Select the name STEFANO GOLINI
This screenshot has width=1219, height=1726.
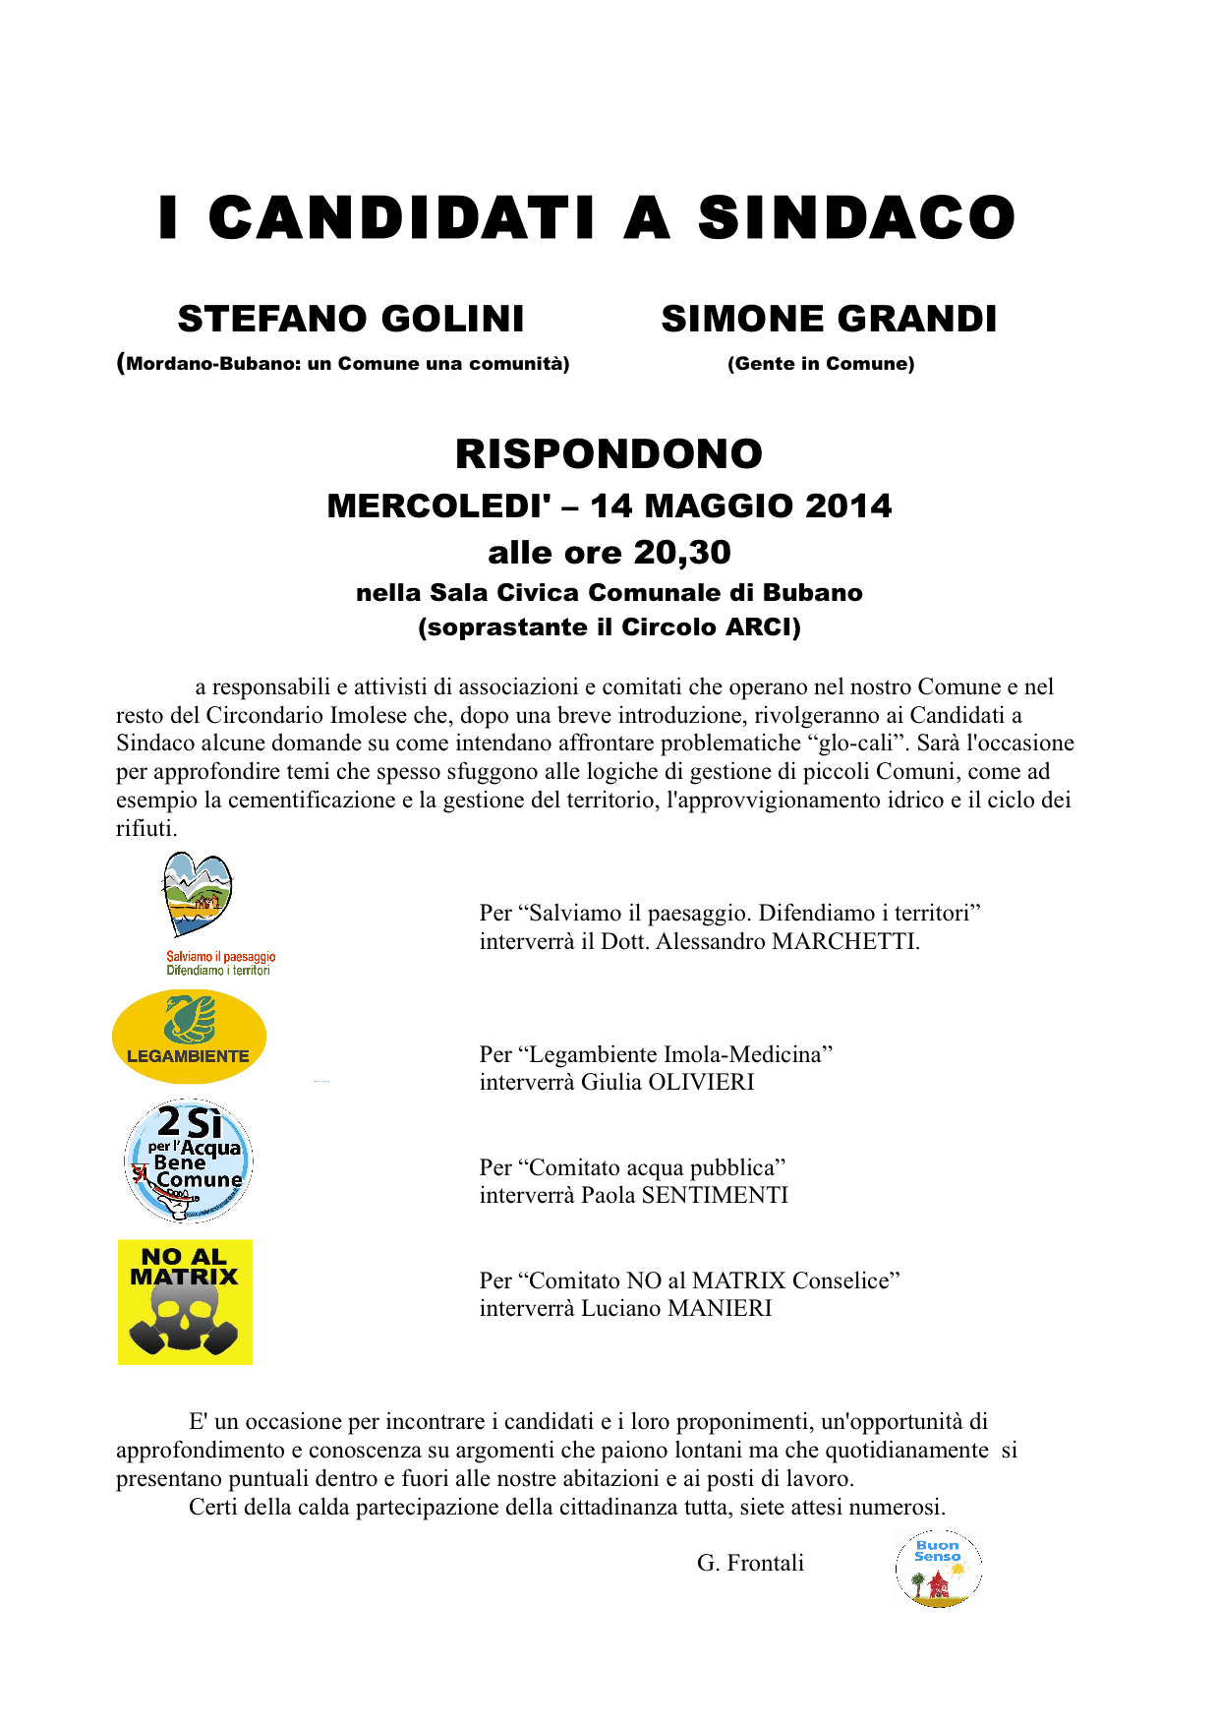pyautogui.click(x=351, y=320)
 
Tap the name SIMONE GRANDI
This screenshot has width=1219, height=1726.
pyautogui.click(x=829, y=320)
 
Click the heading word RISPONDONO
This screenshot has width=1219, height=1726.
pyautogui.click(x=609, y=454)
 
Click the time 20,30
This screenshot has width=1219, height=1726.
pyautogui.click(x=682, y=553)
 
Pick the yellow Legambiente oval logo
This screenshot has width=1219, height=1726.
pyautogui.click(x=189, y=1037)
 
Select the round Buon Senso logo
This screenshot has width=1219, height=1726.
pyautogui.click(x=938, y=1569)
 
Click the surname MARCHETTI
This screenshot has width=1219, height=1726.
pyautogui.click(x=845, y=942)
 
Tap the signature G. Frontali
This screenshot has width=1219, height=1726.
pyautogui.click(x=750, y=1564)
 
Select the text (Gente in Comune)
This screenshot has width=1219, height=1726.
pyautogui.click(x=821, y=364)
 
